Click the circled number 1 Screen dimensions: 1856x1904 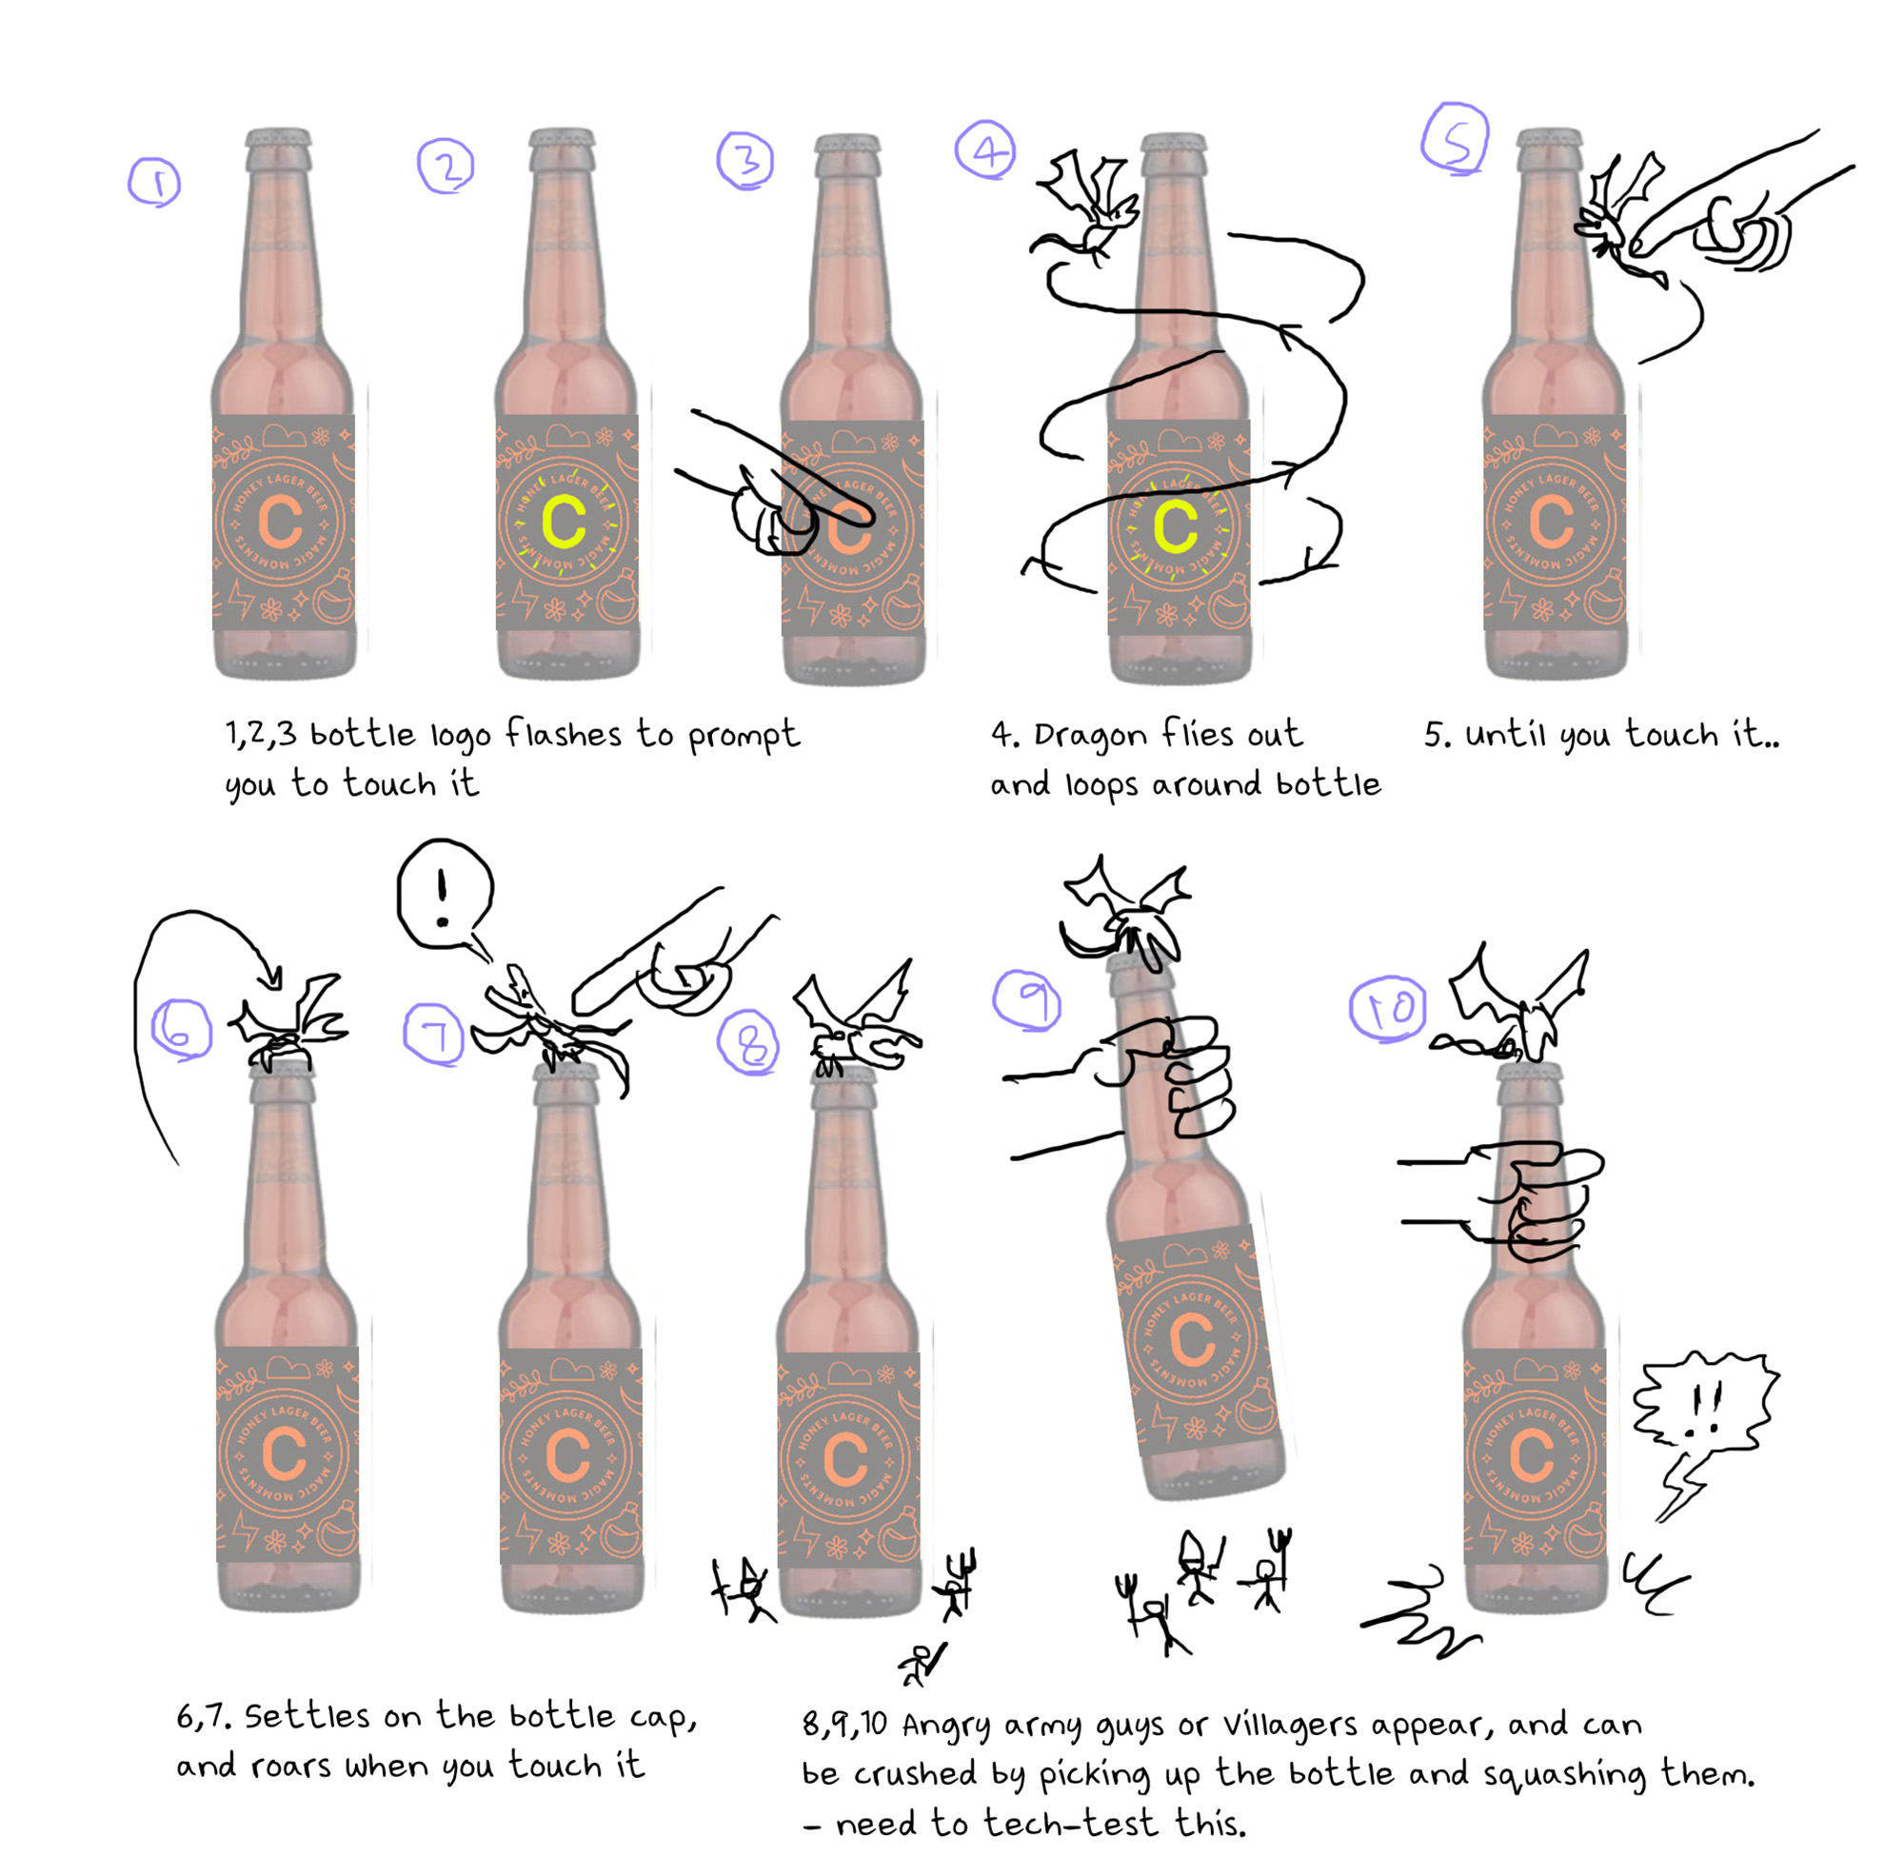click(154, 183)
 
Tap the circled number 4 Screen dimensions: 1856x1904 click(985, 151)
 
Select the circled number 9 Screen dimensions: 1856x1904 click(1026, 999)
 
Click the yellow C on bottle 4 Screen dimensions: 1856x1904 click(1175, 527)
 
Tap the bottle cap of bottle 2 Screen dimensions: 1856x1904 click(563, 137)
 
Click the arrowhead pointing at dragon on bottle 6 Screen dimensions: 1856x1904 click(273, 975)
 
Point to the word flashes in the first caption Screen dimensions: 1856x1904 click(563, 734)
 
